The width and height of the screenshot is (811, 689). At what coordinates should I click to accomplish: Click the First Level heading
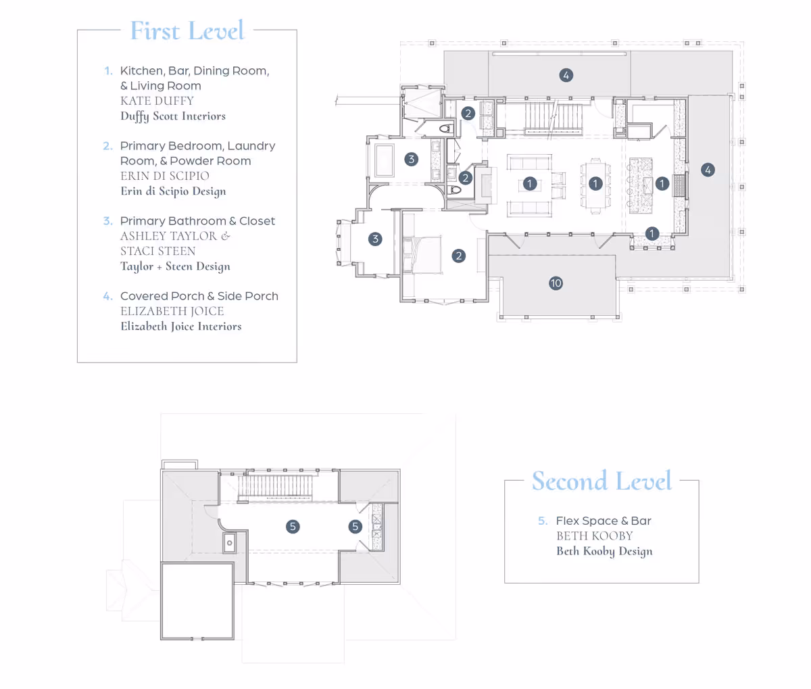187,30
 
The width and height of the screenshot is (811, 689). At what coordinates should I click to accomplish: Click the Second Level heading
601,481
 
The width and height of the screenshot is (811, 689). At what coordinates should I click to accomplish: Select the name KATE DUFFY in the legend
157,101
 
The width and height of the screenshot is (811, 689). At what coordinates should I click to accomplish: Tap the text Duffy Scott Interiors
173,116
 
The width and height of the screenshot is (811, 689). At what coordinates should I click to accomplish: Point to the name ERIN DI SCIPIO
165,176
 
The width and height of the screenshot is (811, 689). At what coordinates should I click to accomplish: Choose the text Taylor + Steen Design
176,266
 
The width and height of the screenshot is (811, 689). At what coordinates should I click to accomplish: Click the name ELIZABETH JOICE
172,311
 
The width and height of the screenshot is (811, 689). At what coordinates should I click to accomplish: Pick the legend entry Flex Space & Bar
604,521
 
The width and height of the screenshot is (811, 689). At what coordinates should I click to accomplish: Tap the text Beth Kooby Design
604,551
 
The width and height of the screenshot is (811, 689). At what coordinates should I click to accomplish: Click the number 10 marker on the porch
556,283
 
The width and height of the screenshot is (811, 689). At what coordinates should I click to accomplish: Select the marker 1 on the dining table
595,183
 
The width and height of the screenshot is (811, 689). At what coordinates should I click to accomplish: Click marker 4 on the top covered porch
566,75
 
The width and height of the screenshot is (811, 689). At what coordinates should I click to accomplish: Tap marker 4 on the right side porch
708,170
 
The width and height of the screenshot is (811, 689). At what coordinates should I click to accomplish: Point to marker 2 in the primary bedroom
459,256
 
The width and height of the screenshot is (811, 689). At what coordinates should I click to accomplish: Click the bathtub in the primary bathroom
384,160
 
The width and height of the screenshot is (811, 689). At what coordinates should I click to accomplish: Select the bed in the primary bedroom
422,255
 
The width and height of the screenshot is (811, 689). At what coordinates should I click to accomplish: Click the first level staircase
554,117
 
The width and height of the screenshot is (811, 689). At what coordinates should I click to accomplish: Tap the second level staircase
276,486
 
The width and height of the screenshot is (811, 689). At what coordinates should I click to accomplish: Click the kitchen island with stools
640,186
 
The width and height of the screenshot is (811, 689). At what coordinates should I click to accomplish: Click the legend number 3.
107,221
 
